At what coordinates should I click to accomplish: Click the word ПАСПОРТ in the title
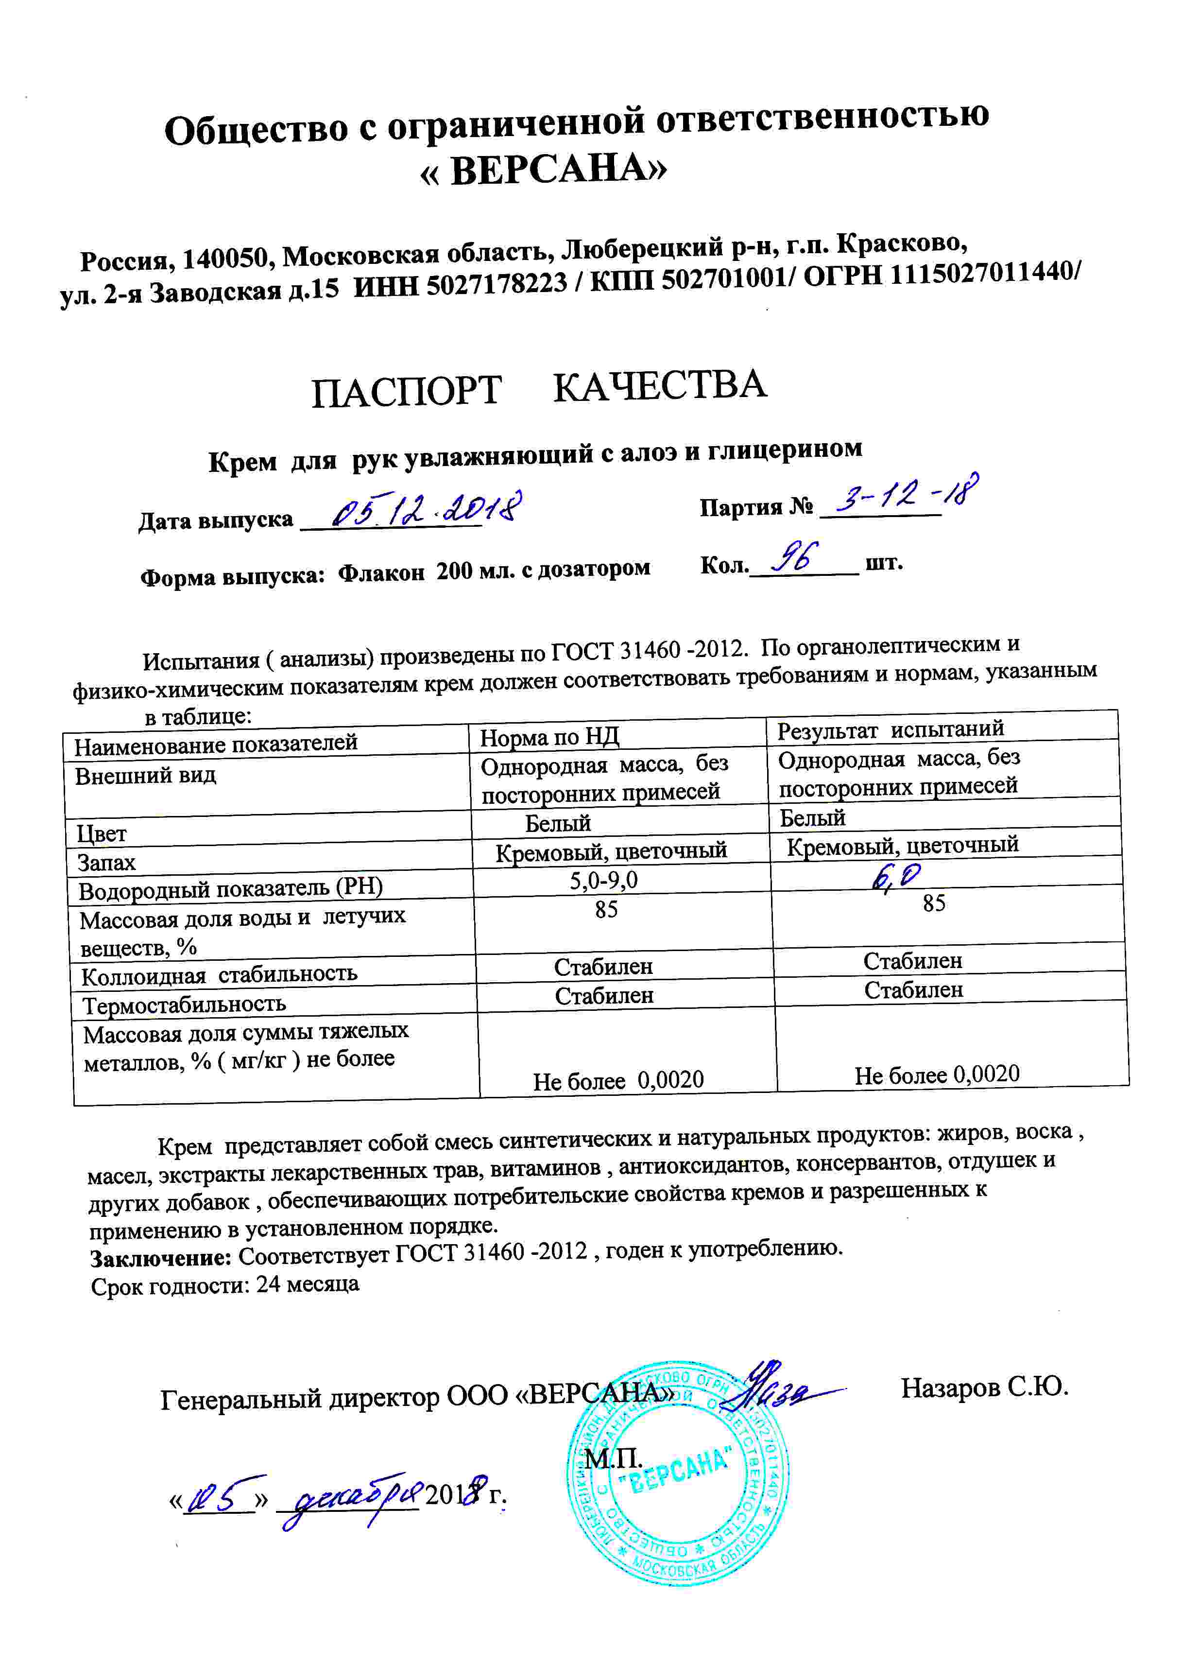tap(406, 392)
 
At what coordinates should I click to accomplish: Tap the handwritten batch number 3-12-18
tap(906, 495)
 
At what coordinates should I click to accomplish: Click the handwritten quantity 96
tap(795, 558)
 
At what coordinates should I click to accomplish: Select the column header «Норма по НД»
tap(549, 737)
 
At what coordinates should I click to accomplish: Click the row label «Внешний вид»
tap(146, 775)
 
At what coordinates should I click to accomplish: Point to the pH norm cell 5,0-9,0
tap(603, 881)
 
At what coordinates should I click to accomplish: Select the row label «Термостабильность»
tap(184, 1005)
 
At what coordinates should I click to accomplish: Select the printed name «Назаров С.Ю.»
tap(984, 1387)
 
